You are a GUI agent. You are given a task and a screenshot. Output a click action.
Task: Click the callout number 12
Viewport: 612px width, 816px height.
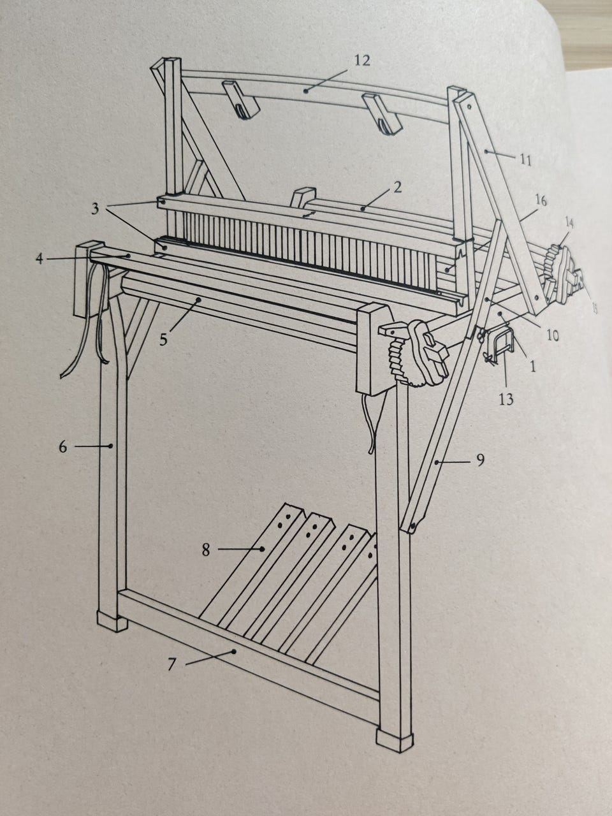[x=362, y=61]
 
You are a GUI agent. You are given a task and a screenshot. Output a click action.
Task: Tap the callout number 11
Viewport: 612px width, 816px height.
[x=525, y=161]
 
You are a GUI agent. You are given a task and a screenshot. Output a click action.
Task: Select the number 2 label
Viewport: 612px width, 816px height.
[x=398, y=187]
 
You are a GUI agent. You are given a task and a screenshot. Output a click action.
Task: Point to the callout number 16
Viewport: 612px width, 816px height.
[x=541, y=201]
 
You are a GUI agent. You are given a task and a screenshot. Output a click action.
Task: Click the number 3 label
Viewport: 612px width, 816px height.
[x=96, y=209]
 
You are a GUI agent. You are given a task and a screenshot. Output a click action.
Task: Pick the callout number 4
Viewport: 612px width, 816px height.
[x=40, y=258]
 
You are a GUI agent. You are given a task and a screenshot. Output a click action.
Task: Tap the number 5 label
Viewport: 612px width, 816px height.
[x=163, y=340]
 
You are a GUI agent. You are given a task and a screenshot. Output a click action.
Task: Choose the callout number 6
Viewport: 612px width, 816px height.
[x=63, y=447]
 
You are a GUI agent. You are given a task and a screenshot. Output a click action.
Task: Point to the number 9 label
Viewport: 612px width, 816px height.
[x=481, y=460]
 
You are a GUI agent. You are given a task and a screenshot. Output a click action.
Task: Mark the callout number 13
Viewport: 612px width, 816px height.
[x=506, y=400]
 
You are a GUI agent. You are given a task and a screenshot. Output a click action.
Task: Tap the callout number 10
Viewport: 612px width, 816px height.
[x=553, y=336]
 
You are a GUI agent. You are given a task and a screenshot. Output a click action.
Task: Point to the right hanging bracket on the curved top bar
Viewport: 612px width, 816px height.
[x=382, y=115]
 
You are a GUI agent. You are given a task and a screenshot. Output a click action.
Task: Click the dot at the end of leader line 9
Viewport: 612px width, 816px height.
[x=437, y=462]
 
